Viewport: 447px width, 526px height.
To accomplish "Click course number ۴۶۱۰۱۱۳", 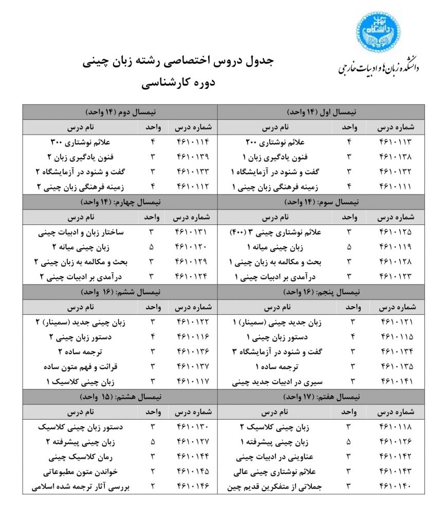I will [x=395, y=141].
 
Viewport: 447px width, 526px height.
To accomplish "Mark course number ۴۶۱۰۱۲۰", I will [x=193, y=247].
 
